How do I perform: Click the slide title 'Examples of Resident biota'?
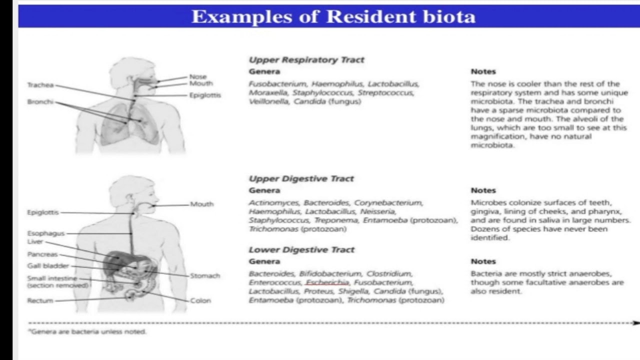pos(333,16)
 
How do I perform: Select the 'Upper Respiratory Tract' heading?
pos(306,60)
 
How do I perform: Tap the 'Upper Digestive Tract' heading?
pos(301,179)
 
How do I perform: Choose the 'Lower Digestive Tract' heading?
pos(301,250)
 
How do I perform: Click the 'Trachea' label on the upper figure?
pos(40,85)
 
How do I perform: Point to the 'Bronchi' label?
pos(40,102)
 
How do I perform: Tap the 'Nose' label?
pos(198,76)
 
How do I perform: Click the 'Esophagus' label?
pos(45,233)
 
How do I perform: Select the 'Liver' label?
pos(35,242)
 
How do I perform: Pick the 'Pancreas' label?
pos(42,254)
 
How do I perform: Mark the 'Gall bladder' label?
pos(48,266)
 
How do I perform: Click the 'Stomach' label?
pos(205,276)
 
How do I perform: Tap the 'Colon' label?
pos(200,300)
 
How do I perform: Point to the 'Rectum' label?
pos(40,300)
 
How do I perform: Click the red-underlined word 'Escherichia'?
pos(327,283)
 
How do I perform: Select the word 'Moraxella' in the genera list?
pos(268,93)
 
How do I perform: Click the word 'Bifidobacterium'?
pos(330,274)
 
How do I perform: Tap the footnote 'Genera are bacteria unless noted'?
pos(88,331)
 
